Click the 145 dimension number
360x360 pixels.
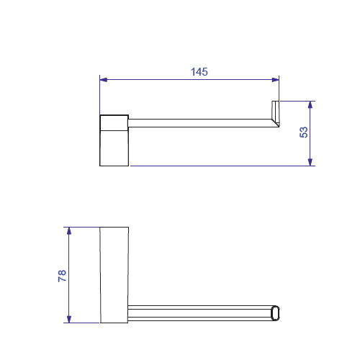199,72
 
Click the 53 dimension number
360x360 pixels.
304,132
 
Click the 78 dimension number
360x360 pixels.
62,276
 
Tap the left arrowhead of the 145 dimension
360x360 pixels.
104,80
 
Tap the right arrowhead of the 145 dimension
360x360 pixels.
275,80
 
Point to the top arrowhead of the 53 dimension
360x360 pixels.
310,105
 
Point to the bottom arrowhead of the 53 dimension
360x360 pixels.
310,162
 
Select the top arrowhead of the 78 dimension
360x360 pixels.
69,231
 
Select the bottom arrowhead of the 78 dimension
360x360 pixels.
69,319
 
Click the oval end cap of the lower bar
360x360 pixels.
275,313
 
